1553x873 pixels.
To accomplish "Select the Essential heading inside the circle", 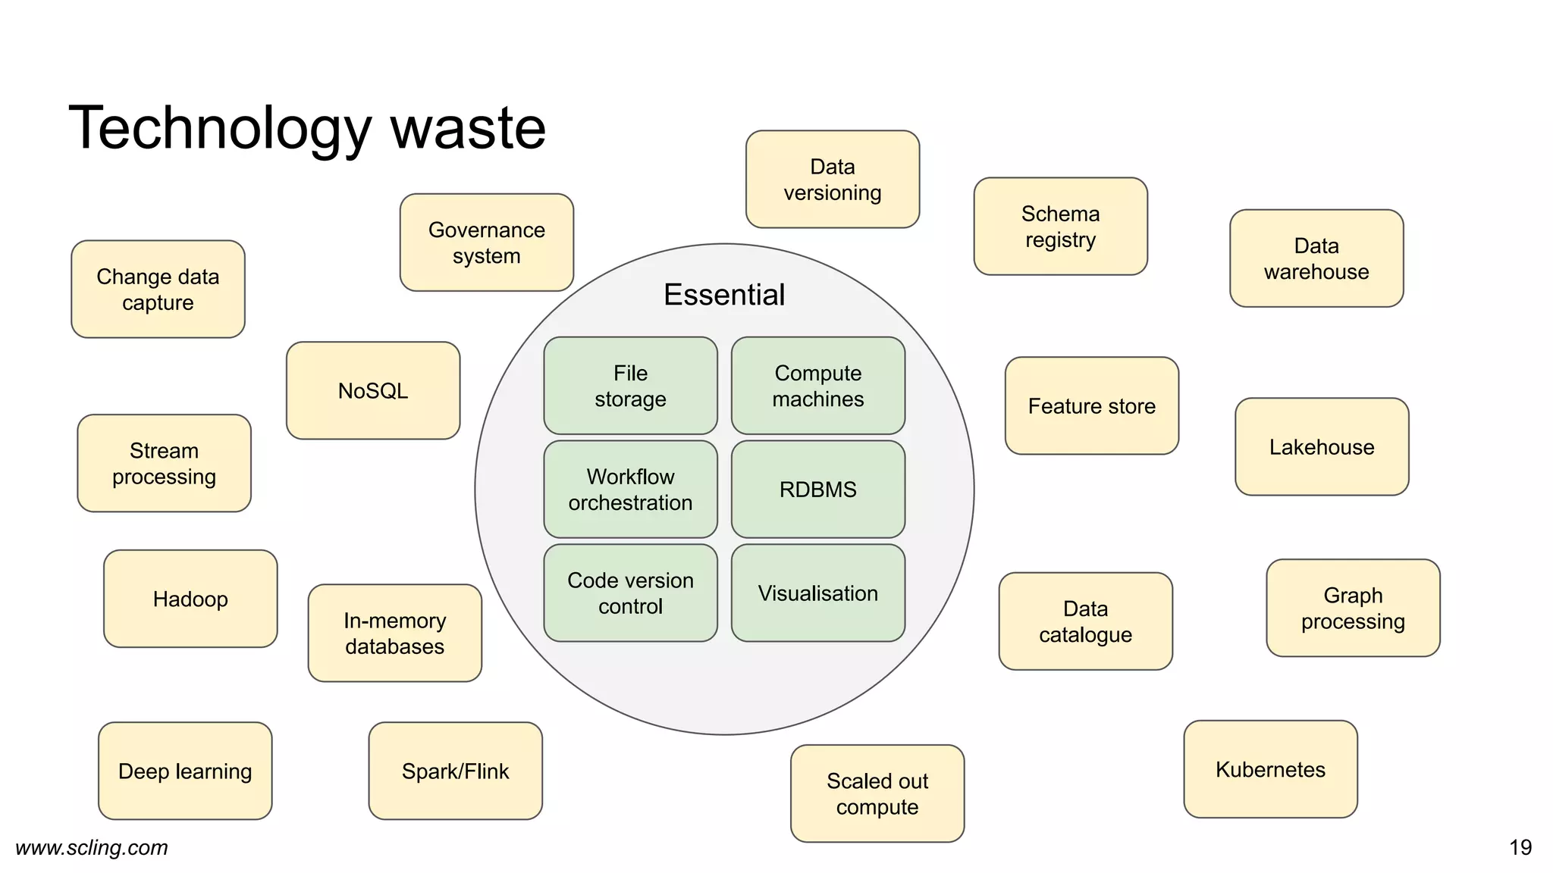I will (x=724, y=295).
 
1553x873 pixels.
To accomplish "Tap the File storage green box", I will (x=630, y=386).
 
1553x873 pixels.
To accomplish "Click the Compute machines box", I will (x=817, y=386).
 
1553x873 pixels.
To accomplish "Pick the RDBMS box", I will (x=817, y=490).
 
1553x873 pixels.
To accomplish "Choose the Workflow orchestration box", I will (x=630, y=490).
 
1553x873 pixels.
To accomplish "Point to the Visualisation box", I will (x=817, y=593).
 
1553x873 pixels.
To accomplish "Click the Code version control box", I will (x=630, y=593).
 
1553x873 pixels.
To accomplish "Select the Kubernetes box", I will (x=1270, y=769).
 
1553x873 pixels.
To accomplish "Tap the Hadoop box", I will (x=190, y=599).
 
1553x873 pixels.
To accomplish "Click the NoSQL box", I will (x=373, y=390).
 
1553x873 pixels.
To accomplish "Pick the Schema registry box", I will (x=1060, y=227).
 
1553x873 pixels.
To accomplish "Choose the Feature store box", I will (x=1091, y=406).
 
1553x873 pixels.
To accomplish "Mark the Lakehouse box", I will (x=1322, y=447).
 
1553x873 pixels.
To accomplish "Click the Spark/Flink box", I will (x=455, y=771).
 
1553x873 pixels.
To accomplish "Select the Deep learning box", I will (x=185, y=771).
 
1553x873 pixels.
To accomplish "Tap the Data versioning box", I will (x=832, y=180).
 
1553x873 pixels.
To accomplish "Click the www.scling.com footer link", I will (x=92, y=847).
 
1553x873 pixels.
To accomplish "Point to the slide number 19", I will (x=1520, y=847).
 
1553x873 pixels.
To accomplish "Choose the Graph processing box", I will (x=1353, y=608).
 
